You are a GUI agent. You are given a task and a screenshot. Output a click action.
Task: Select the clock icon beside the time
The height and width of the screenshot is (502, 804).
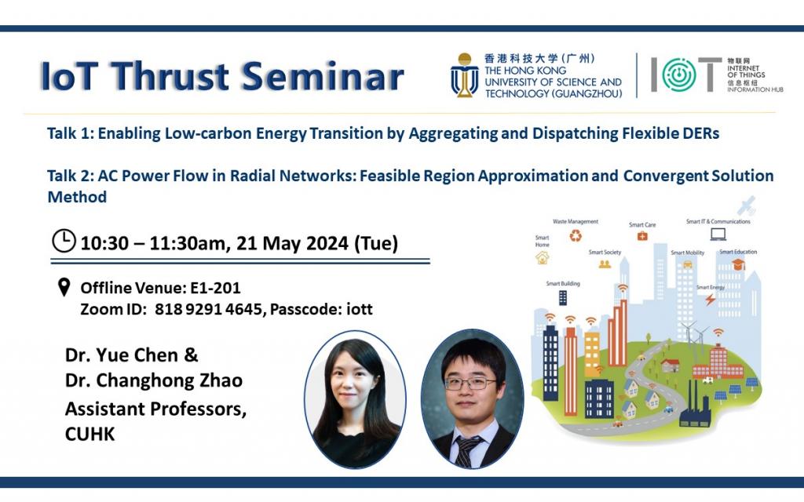64,241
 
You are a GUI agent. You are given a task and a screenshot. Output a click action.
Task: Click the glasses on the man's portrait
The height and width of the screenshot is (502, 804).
470,383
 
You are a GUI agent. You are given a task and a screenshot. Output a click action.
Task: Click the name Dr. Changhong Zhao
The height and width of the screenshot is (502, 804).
154,380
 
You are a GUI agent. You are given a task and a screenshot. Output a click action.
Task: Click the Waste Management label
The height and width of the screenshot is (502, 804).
576,222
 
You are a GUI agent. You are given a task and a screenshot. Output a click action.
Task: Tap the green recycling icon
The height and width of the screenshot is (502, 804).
576,236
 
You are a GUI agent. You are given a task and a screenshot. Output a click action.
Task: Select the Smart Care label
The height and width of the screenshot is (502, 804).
641,225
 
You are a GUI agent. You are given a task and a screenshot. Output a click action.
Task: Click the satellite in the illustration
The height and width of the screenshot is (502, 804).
745,206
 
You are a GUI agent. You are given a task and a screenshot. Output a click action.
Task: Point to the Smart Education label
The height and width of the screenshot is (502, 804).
738,252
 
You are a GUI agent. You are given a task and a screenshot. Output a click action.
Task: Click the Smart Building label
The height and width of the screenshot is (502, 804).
563,283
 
